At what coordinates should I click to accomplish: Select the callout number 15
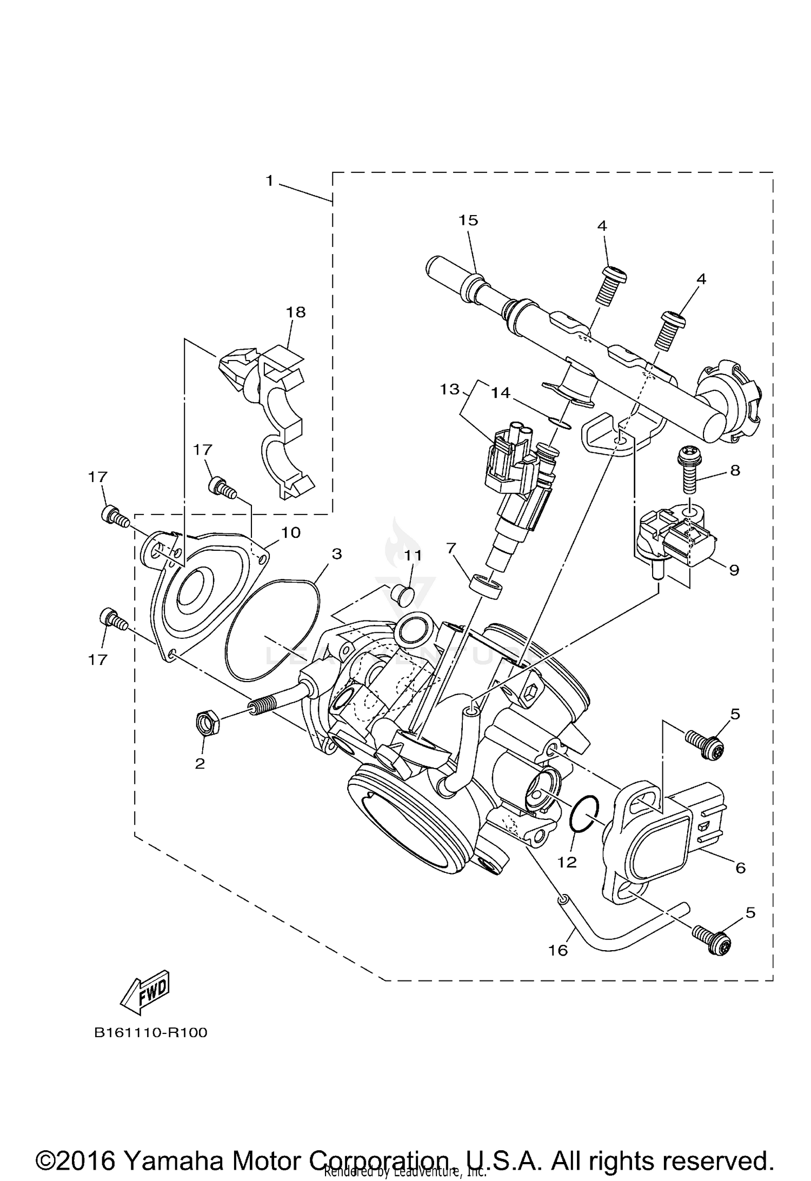click(468, 220)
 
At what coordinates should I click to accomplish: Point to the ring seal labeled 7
click(485, 585)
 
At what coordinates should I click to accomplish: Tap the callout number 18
click(296, 312)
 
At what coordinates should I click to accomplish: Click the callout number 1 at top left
click(269, 181)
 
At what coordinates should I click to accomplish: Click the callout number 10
click(290, 532)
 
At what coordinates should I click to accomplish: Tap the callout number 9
click(733, 570)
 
